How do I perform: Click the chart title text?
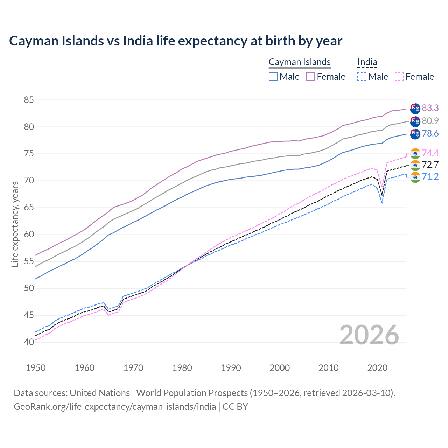[x=176, y=41]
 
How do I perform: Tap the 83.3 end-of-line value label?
[x=430, y=108]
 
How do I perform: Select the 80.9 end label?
[x=430, y=121]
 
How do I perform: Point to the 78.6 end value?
[x=430, y=133]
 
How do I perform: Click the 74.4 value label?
[x=430, y=153]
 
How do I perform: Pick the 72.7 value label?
[x=430, y=165]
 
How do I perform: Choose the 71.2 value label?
[x=430, y=176]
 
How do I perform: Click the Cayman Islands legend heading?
[x=300, y=62]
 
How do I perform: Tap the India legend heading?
[x=367, y=62]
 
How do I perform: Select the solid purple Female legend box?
[x=310, y=77]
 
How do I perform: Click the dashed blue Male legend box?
[x=362, y=77]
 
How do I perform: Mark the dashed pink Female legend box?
[x=399, y=77]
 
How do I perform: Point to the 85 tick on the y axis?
[x=29, y=100]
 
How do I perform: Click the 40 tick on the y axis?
[x=29, y=342]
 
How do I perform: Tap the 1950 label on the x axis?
[x=36, y=368]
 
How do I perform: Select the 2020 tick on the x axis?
[x=377, y=368]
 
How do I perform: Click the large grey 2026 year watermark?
[x=369, y=335]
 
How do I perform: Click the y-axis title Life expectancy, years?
[x=15, y=224]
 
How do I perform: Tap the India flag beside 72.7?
[x=415, y=165]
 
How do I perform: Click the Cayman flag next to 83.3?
[x=415, y=108]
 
